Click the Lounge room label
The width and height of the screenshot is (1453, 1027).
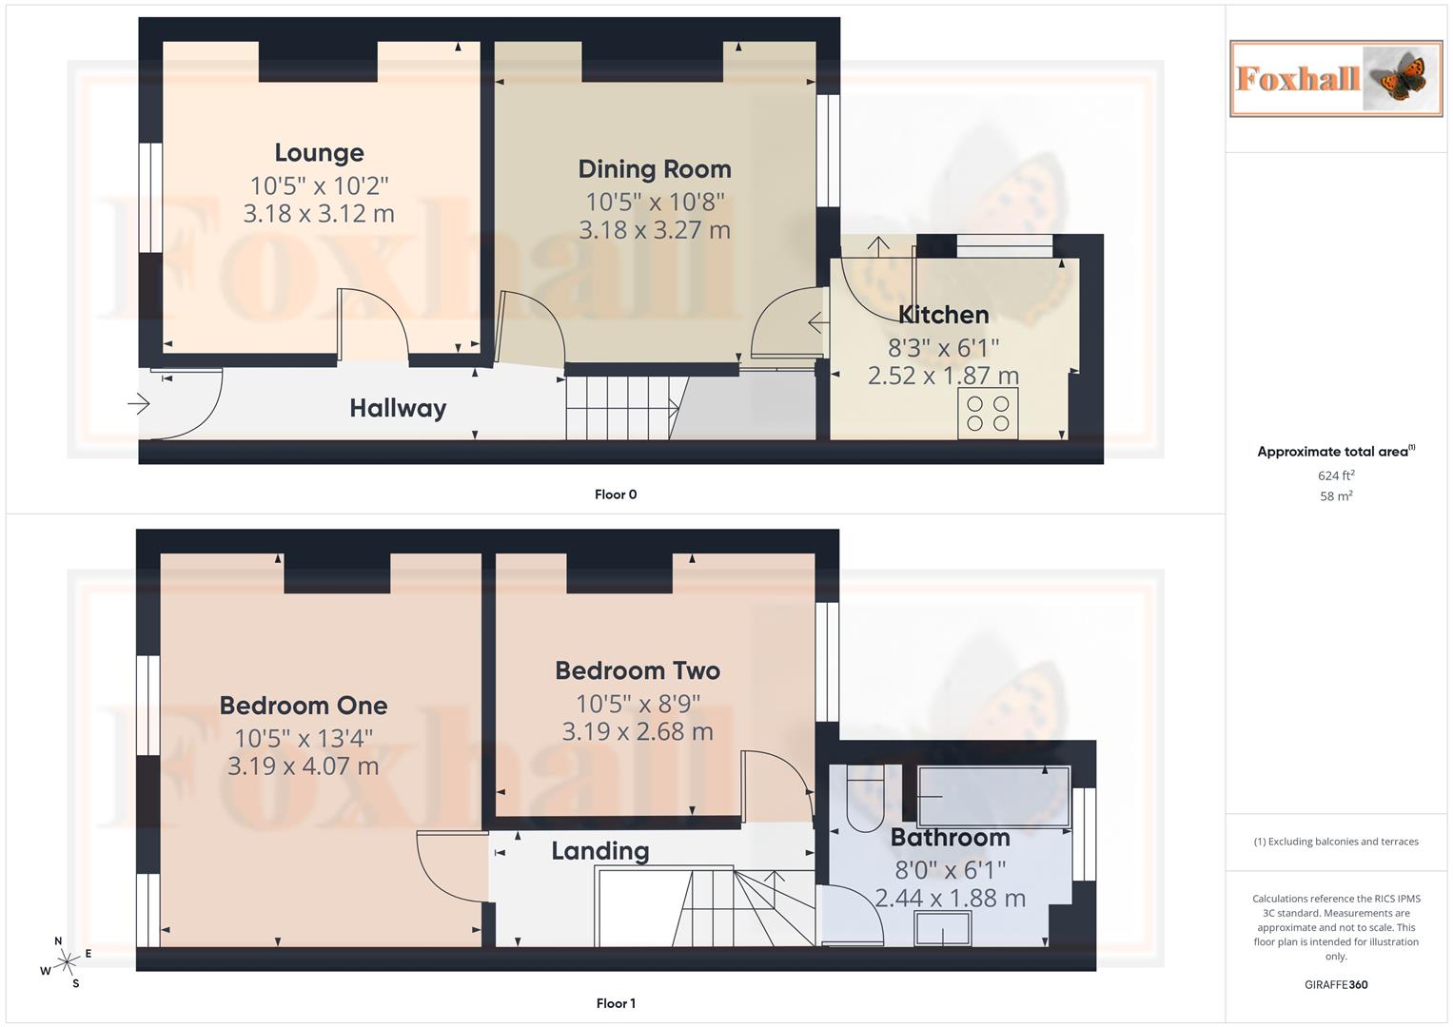click(319, 153)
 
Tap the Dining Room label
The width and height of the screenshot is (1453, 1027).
click(655, 169)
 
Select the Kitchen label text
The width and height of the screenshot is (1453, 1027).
click(943, 315)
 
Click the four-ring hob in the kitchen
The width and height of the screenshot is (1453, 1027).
click(988, 414)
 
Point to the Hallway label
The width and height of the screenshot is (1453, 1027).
click(398, 409)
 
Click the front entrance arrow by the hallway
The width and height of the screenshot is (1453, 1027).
click(139, 404)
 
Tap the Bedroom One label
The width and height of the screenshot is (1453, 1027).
click(304, 706)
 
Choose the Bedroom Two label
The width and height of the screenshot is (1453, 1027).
click(638, 670)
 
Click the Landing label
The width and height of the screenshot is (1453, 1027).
click(600, 851)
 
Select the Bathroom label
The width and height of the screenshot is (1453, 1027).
click(950, 838)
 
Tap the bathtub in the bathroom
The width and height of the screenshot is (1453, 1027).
click(993, 794)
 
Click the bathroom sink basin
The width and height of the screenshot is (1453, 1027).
click(943, 928)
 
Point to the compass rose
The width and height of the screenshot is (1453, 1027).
click(67, 961)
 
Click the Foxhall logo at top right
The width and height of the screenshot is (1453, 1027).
click(1335, 78)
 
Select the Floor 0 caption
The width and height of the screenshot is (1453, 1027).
click(616, 494)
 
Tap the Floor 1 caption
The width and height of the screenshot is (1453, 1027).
click(616, 1003)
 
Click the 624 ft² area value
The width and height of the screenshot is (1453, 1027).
click(1336, 475)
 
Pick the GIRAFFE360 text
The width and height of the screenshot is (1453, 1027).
click(1336, 985)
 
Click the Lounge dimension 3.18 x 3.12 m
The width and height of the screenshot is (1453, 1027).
click(319, 214)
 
